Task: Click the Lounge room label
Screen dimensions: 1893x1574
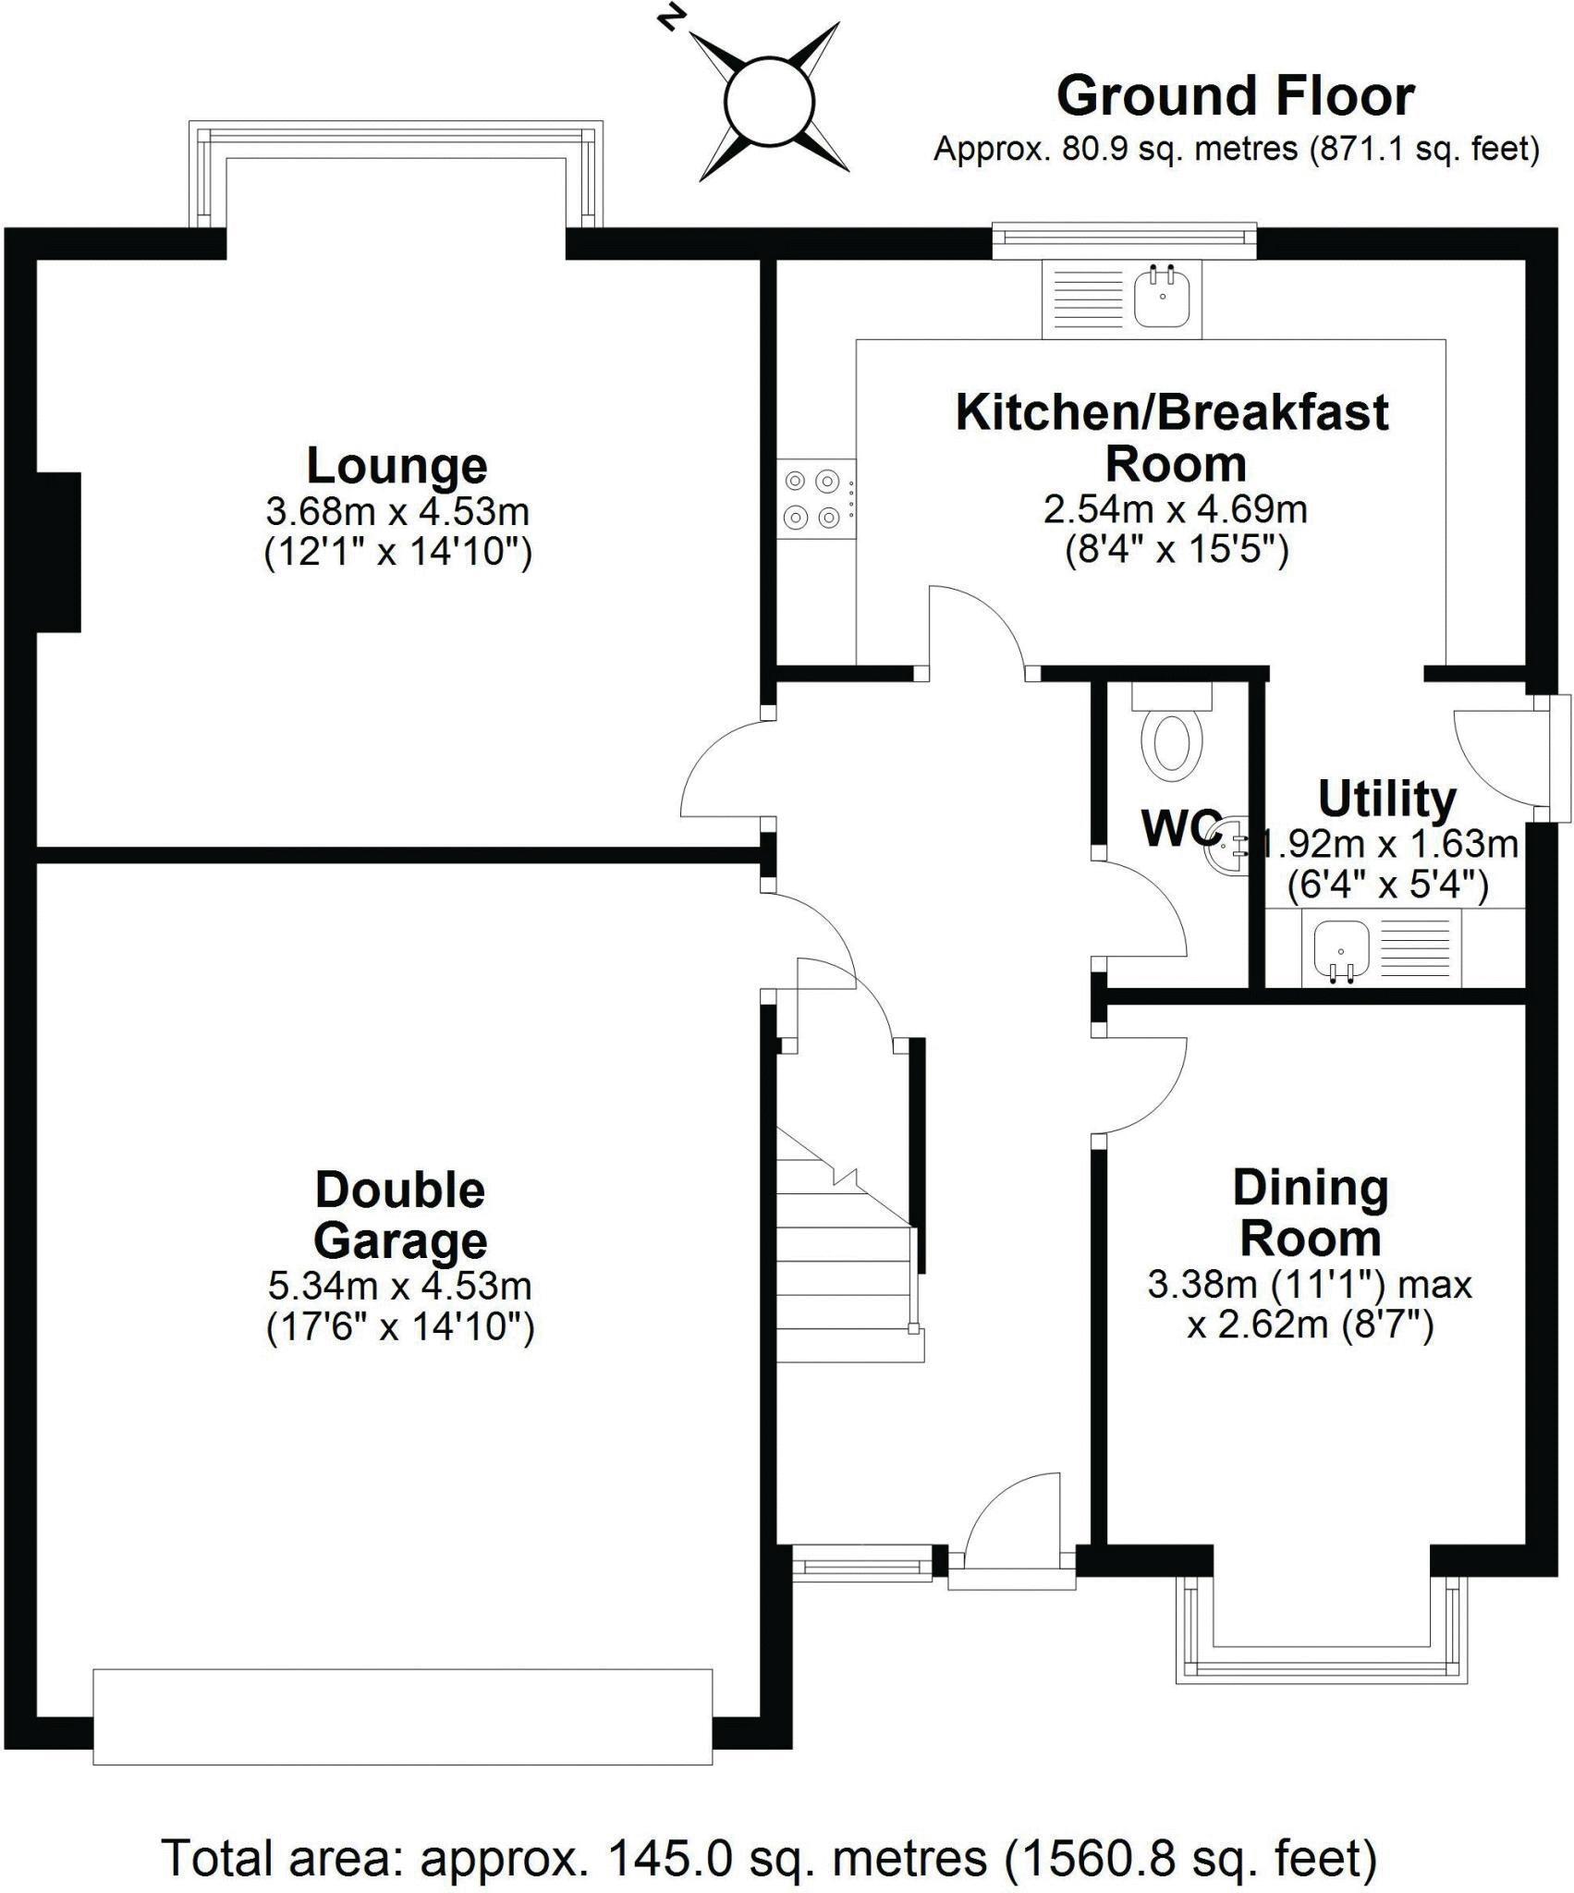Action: coord(397,466)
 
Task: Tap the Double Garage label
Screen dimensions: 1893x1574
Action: coord(400,1215)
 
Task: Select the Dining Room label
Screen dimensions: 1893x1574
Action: coord(1311,1214)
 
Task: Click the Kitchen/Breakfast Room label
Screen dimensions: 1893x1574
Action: coord(1172,437)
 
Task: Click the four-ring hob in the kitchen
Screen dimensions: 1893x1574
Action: coord(812,499)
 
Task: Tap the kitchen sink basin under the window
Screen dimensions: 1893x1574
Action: coord(1162,298)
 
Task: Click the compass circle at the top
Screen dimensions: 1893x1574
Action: coord(769,100)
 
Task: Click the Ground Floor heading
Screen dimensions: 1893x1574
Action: coord(1235,96)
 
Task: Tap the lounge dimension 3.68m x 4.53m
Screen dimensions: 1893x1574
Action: coord(397,511)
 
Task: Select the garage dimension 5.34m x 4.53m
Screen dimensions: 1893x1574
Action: coord(399,1286)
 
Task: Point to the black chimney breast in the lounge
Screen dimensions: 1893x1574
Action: coord(58,552)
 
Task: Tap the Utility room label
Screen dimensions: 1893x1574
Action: coord(1386,800)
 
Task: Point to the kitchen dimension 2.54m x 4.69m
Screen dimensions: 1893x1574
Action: coord(1176,509)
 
